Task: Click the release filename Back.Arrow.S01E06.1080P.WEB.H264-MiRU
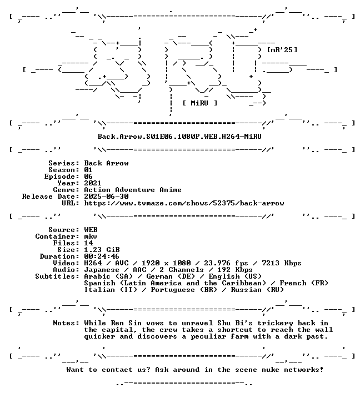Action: pos(179,137)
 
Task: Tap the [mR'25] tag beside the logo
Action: pos(282,49)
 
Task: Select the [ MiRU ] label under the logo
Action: pos(200,103)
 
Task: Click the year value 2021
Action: pos(93,183)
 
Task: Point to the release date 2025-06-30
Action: pos(106,196)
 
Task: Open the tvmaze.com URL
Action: pos(184,203)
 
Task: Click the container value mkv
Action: pos(91,236)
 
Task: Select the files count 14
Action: pos(88,243)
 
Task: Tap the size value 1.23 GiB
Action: pos(102,250)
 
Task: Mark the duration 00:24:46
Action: pos(102,256)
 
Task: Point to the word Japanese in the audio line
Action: pos(102,269)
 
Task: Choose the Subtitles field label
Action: pos(57,276)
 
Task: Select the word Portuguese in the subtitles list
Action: pos(173,290)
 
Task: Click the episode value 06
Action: pos(88,177)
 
